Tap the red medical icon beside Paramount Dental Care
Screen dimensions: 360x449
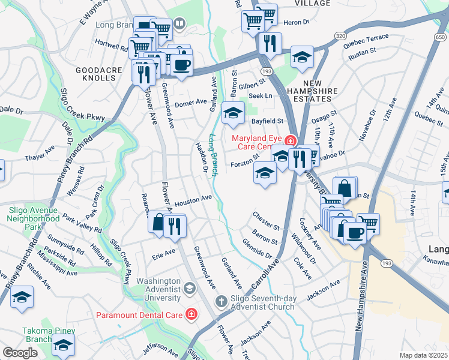click(x=191, y=314)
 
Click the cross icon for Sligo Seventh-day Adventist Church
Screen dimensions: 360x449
click(x=220, y=300)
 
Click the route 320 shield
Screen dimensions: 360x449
click(x=340, y=37)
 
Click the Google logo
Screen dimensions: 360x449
click(x=20, y=353)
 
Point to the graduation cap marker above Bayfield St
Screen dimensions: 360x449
click(x=233, y=112)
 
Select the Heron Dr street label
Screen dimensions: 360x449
click(x=297, y=22)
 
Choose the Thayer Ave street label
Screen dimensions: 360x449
click(x=40, y=158)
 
